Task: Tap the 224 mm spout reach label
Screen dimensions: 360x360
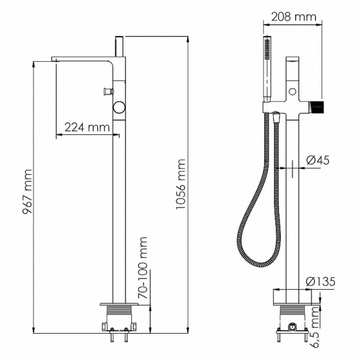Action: pyautogui.click(x=86, y=127)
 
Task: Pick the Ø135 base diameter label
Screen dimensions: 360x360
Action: pyautogui.click(x=317, y=281)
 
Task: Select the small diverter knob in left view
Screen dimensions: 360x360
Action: pyautogui.click(x=107, y=92)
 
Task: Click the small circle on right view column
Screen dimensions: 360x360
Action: pyautogui.click(x=292, y=91)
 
